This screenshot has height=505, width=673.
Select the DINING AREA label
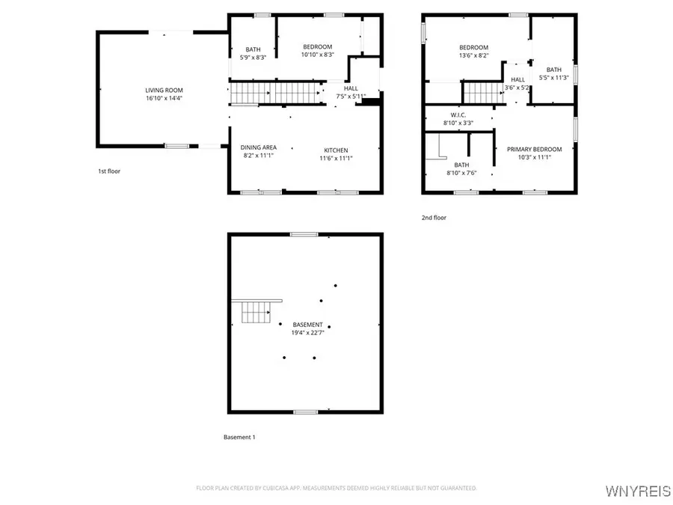tap(259, 147)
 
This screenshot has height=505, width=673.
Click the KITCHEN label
tap(336, 150)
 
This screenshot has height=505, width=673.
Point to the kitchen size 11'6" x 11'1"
tap(336, 158)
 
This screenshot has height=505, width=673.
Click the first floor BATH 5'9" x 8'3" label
tap(253, 49)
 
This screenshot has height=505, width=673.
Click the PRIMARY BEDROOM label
tap(534, 149)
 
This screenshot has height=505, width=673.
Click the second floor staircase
tap(483, 94)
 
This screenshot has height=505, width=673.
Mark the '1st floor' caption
tap(108, 171)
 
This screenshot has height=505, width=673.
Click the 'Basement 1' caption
tap(239, 437)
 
